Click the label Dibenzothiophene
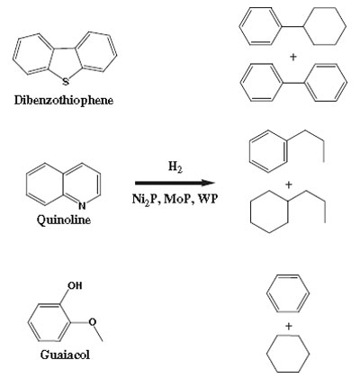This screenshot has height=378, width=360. pyautogui.click(x=64, y=101)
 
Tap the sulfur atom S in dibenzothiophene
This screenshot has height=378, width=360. pyautogui.click(x=66, y=81)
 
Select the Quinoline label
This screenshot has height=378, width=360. pyautogui.click(x=64, y=220)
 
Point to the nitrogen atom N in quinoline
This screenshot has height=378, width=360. pyautogui.click(x=82, y=205)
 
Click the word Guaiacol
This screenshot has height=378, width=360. pyautogui.click(x=65, y=355)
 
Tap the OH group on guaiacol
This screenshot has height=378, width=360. pyautogui.click(x=75, y=285)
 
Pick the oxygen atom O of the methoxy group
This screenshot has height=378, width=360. pyautogui.click(x=93, y=322)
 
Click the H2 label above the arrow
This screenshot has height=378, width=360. pyautogui.click(x=175, y=166)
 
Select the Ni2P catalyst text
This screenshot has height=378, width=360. pyautogui.click(x=144, y=199)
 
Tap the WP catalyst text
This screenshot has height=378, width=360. pyautogui.click(x=207, y=199)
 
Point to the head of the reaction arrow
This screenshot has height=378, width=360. pyautogui.click(x=215, y=183)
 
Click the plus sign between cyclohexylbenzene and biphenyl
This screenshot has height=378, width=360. pyautogui.click(x=293, y=57)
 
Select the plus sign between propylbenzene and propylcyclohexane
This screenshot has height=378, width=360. pyautogui.click(x=289, y=185)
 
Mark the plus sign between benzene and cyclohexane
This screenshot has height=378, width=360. pyautogui.click(x=289, y=326)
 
